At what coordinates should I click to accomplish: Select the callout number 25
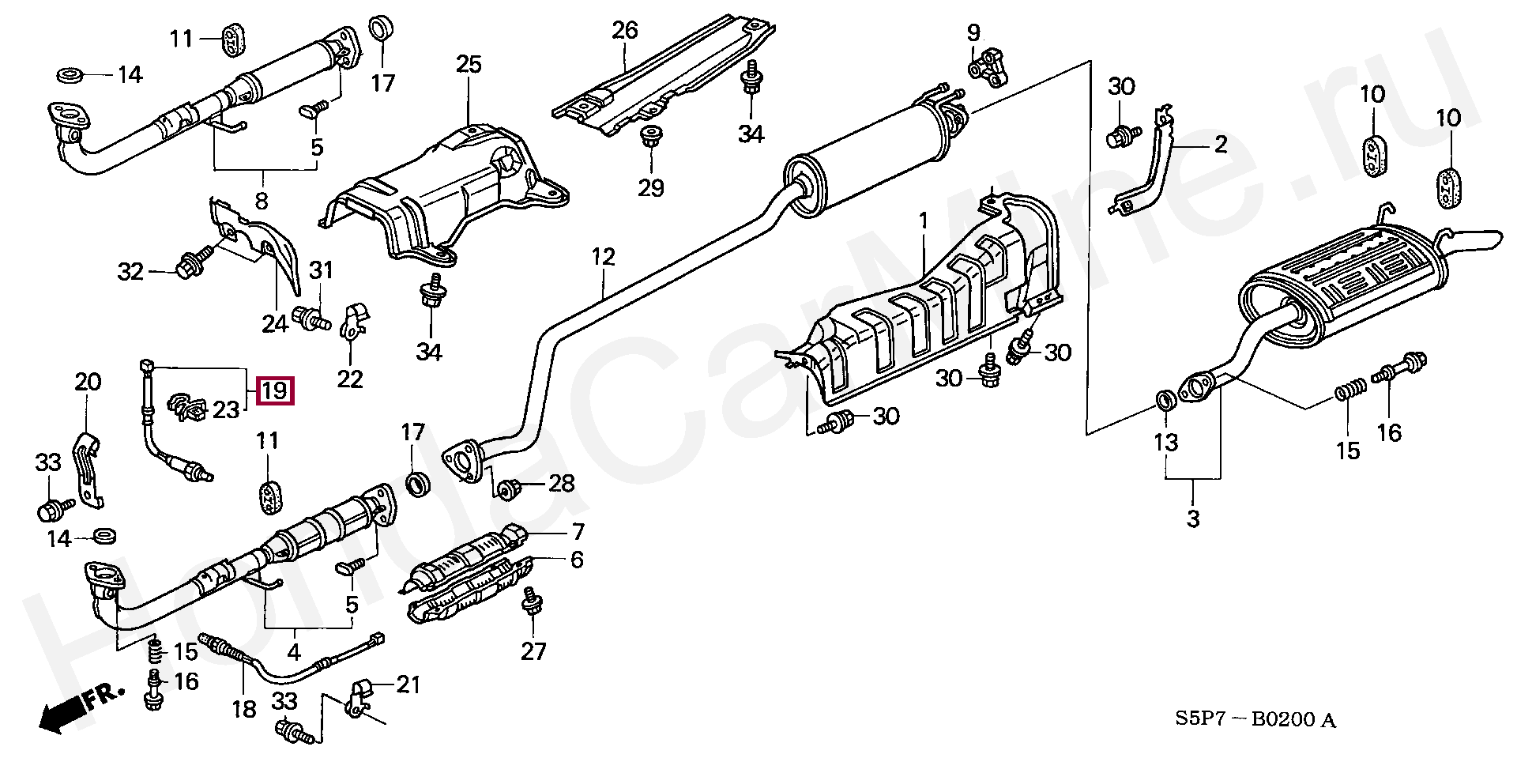(469, 64)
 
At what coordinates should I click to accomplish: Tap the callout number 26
(624, 31)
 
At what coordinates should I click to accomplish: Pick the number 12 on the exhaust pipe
(603, 257)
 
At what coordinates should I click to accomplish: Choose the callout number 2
(1221, 145)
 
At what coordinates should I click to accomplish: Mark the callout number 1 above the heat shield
(923, 221)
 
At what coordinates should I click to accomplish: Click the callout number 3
(1192, 519)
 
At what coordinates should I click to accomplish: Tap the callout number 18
(243, 709)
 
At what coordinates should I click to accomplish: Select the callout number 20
(88, 382)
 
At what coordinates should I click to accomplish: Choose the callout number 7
(578, 531)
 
